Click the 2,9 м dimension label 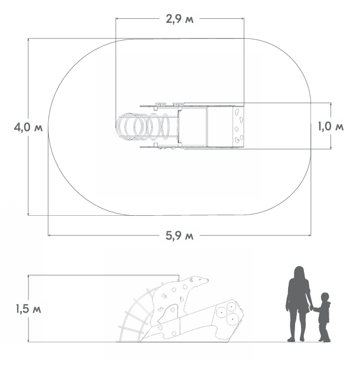[179, 19]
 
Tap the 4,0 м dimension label [28, 127]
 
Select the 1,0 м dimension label [330, 126]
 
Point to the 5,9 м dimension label [179, 235]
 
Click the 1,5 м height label [28, 309]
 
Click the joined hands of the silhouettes [312, 308]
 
